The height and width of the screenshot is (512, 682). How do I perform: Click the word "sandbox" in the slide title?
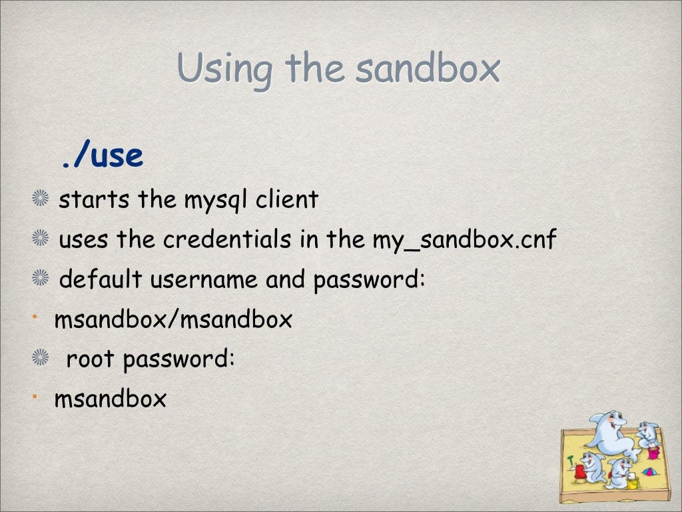coord(426,69)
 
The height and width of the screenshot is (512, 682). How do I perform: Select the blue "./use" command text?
coord(102,156)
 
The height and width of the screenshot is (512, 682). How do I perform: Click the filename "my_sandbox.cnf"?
coord(464,240)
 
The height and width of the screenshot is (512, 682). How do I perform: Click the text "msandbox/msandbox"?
coord(173,320)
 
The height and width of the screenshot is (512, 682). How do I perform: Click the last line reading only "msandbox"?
coord(111,400)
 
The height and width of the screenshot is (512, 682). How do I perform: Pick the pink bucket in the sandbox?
coord(653,453)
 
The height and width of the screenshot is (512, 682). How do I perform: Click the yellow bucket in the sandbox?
coord(632,483)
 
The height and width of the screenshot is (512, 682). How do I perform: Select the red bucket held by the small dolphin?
coord(580,471)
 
